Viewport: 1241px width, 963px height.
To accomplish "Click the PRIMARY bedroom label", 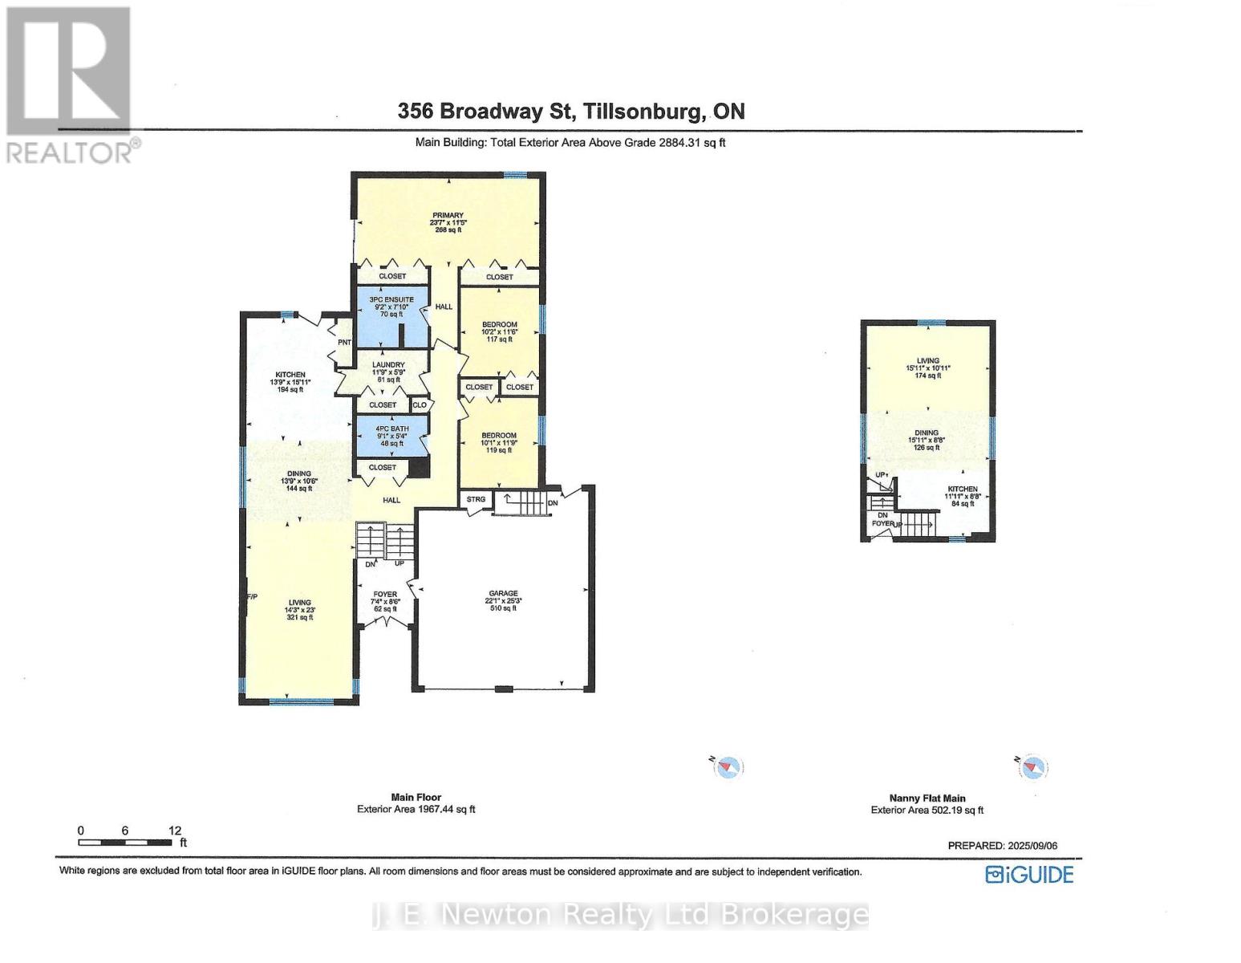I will pos(448,215).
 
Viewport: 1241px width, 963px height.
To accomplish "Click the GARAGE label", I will pos(503,594).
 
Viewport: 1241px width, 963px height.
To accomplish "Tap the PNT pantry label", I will pos(344,343).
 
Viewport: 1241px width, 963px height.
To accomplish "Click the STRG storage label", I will pos(476,499).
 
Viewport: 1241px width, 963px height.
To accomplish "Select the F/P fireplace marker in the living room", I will pos(252,596).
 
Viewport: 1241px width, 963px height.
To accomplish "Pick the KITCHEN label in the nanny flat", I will pos(962,490).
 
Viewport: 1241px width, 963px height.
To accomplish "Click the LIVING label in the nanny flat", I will pos(928,361).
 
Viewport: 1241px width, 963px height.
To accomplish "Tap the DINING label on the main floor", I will pos(299,474).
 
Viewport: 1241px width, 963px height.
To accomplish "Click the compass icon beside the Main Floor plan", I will pos(728,767).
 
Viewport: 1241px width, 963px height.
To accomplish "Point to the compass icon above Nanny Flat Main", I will pos(1033,767).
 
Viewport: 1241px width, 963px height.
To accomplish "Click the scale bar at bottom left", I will pos(126,842).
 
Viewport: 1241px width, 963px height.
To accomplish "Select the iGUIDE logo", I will pos(1029,875).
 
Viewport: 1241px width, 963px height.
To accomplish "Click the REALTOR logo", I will pos(71,83).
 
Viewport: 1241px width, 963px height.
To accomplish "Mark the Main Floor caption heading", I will pos(416,798).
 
